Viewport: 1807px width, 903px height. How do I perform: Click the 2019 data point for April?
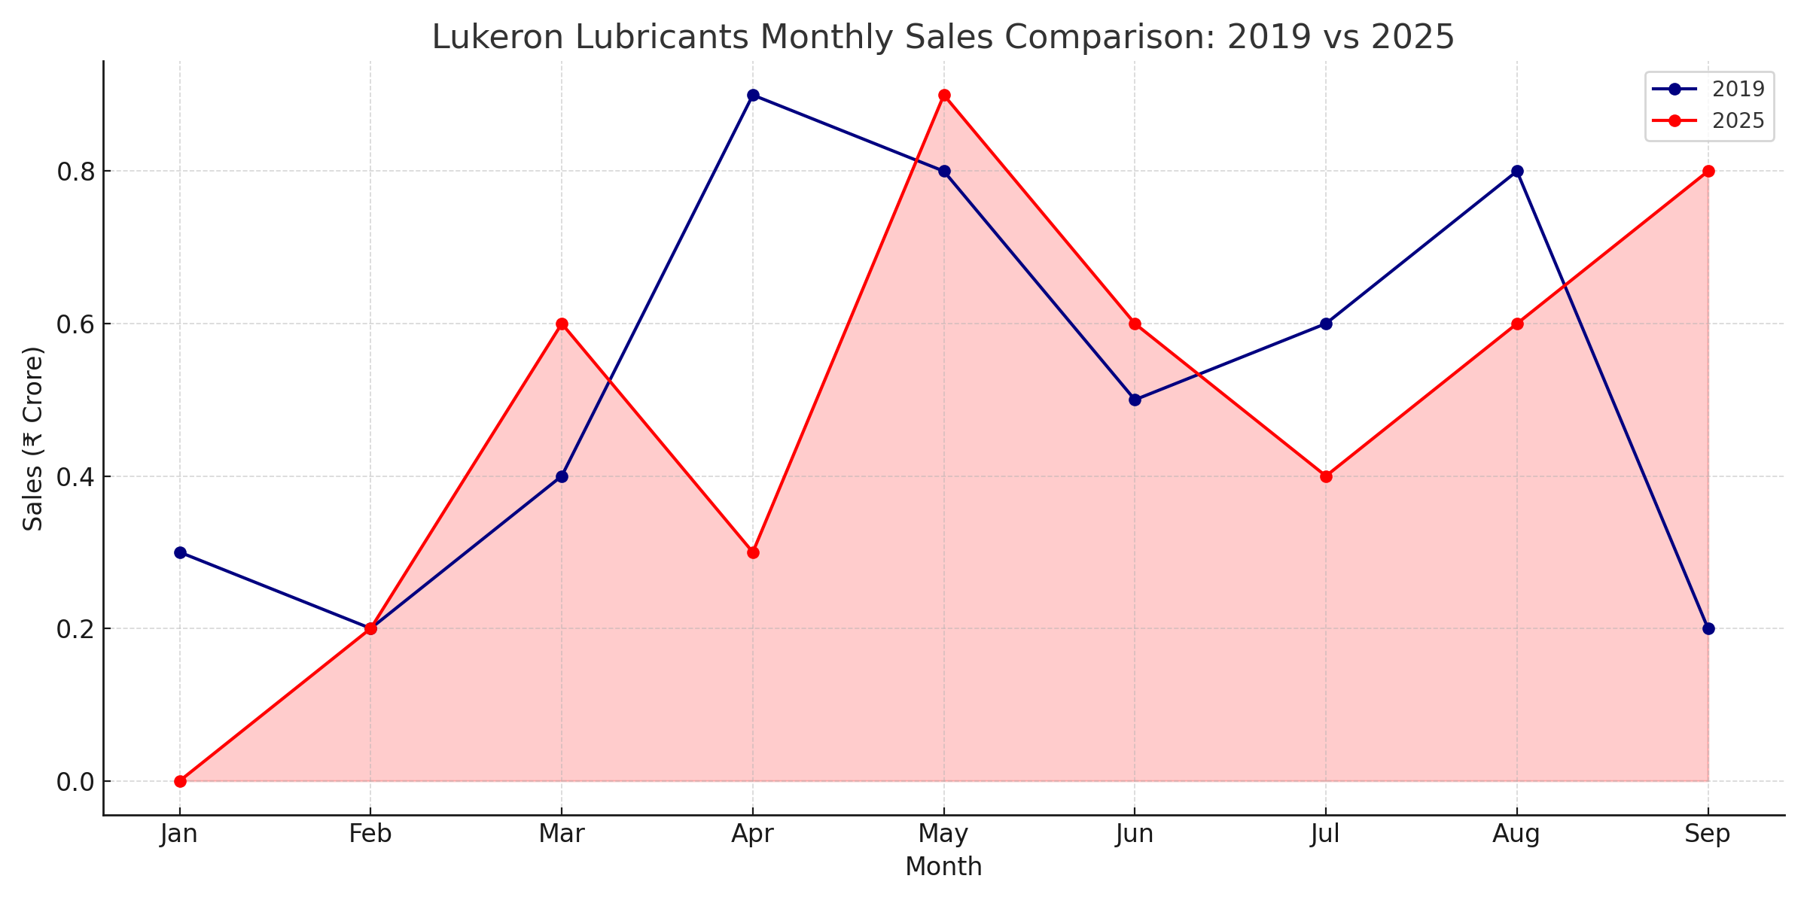[x=753, y=95]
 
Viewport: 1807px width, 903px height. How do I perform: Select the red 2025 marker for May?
[x=944, y=95]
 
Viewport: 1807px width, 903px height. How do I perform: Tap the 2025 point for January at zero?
[x=180, y=781]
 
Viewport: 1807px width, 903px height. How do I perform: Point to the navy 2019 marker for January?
[x=180, y=552]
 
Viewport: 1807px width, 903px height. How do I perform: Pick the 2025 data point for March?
[x=562, y=324]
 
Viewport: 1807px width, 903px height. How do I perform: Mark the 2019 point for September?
[x=1708, y=628]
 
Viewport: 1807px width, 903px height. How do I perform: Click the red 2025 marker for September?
[x=1708, y=171]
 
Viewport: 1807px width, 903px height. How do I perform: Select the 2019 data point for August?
[x=1517, y=171]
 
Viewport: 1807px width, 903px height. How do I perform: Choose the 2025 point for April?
[x=753, y=552]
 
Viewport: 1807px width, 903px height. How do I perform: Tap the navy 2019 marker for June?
[x=1135, y=400]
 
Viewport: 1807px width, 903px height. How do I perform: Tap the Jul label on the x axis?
[x=1325, y=835]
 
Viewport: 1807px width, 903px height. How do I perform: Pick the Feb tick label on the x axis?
[x=370, y=835]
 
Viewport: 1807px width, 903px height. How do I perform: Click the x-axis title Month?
[x=943, y=867]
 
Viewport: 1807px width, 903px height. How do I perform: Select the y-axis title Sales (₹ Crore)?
[x=32, y=439]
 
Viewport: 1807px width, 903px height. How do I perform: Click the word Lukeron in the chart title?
[x=497, y=37]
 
